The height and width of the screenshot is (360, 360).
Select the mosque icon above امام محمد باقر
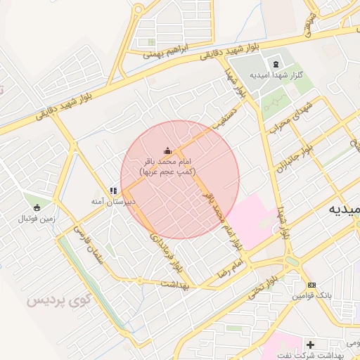[167, 150]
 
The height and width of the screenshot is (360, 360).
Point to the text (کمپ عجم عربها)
[168, 171]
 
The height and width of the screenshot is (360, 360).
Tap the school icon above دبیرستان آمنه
[112, 191]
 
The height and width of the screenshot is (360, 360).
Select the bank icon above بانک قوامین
[312, 285]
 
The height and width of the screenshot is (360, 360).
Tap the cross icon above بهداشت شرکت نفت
[310, 345]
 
